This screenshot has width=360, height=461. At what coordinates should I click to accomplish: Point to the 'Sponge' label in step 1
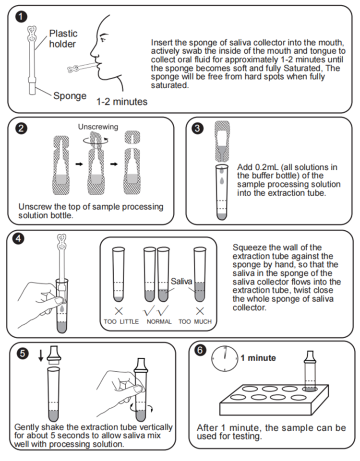(70, 95)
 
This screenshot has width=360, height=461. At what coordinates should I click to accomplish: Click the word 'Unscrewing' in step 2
(98, 127)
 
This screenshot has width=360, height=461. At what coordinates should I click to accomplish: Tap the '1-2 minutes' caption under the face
(122, 102)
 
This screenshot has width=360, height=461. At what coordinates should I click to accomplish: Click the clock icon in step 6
(224, 359)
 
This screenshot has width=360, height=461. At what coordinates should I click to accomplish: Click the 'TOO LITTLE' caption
(120, 321)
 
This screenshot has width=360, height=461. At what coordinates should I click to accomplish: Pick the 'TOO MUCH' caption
(199, 321)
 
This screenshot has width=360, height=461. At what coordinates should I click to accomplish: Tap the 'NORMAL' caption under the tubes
(159, 321)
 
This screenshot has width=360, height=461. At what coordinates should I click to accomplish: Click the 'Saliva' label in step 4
(181, 280)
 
